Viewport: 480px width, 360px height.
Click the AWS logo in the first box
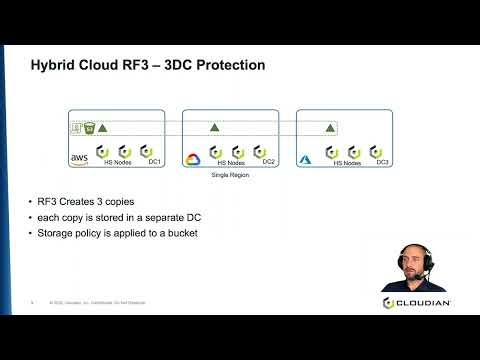tap(79, 157)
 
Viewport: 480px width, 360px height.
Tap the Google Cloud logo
tap(195, 159)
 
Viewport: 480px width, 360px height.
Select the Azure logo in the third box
tap(310, 158)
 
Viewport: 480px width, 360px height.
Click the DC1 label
tap(155, 162)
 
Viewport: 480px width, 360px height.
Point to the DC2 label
tap(268, 162)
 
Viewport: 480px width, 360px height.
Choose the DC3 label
tap(383, 162)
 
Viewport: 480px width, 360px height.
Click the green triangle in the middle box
tap(215, 128)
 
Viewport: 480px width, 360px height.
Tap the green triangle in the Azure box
tap(329, 128)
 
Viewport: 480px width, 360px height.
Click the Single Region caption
tap(230, 175)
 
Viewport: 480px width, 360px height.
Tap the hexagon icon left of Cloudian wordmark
tap(388, 302)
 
